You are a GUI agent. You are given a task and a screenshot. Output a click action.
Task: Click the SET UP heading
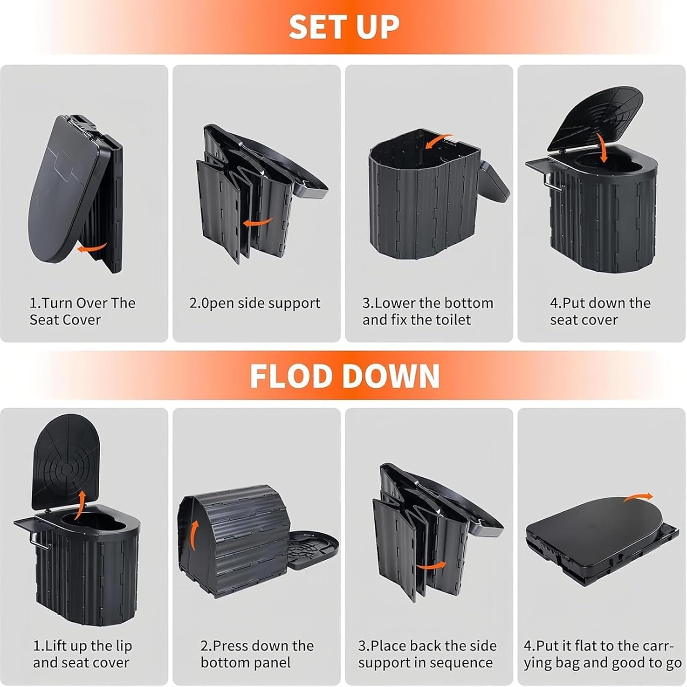coord(343,27)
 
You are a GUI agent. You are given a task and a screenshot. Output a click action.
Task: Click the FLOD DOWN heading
coord(344,376)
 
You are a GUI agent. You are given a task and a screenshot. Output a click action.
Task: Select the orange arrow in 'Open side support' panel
coord(258,222)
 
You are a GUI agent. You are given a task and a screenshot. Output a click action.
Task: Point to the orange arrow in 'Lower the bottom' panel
coord(438,141)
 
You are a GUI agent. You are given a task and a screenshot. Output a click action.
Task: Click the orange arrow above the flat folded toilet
coord(638,498)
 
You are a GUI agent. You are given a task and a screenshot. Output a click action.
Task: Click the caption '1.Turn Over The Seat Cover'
coord(82,311)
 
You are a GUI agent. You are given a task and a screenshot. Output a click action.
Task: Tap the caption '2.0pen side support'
coord(255,303)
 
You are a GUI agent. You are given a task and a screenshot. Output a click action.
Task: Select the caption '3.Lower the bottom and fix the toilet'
coord(428,311)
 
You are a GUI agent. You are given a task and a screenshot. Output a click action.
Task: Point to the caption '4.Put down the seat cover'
coord(600,311)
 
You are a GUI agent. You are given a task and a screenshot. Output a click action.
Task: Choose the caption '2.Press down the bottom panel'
coord(257,654)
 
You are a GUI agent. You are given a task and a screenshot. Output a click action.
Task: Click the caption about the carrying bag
coord(602,654)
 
